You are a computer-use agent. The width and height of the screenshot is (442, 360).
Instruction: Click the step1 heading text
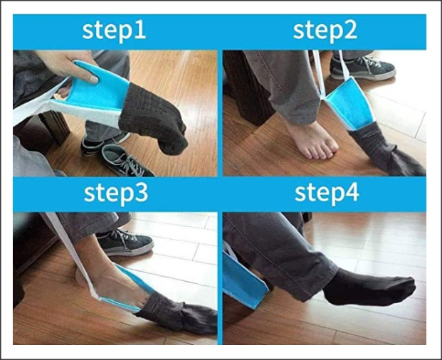114,31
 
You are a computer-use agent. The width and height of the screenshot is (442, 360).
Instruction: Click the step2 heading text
325,31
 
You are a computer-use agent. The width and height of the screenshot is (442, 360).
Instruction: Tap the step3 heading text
116,194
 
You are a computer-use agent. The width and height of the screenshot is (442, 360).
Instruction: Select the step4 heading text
327,194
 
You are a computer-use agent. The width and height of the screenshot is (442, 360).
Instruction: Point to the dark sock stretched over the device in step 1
154,118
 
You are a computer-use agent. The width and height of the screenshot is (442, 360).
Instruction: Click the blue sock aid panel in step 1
99,88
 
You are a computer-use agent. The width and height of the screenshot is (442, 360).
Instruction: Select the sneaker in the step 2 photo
363,68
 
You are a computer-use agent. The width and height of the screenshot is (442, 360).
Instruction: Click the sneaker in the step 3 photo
125,243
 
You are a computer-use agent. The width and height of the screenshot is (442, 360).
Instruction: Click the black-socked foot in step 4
369,287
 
